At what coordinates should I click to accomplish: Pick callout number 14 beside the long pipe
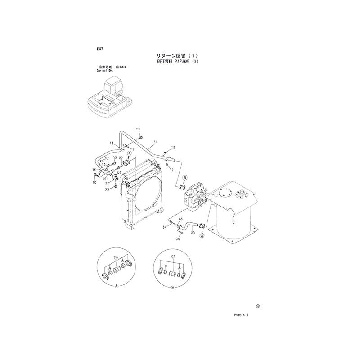click(x=154, y=142)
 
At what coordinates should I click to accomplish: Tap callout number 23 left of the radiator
click(x=107, y=189)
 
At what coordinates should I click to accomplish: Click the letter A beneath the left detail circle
click(x=116, y=286)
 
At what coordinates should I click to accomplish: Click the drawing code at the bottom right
click(x=241, y=316)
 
